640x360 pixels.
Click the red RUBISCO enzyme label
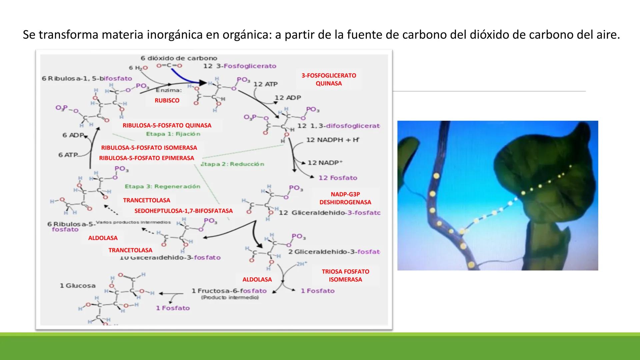pyautogui.click(x=167, y=100)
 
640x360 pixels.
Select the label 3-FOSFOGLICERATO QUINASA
pyautogui.click(x=329, y=79)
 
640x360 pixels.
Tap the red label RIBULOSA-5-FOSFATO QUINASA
pyautogui.click(x=167, y=125)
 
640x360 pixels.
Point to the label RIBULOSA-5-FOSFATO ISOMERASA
pyautogui.click(x=149, y=147)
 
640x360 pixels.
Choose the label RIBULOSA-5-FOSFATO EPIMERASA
pyautogui.click(x=146, y=158)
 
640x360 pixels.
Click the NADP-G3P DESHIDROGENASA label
pyautogui.click(x=345, y=198)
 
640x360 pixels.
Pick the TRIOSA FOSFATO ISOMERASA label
pyautogui.click(x=345, y=275)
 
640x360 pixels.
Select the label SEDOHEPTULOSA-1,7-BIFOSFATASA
pyautogui.click(x=183, y=211)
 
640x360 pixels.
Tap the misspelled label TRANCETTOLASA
pyautogui.click(x=146, y=200)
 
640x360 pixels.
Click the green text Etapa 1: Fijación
pyautogui.click(x=173, y=134)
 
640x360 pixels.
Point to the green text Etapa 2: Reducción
pyautogui.click(x=232, y=164)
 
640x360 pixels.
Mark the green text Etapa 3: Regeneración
pyautogui.click(x=162, y=186)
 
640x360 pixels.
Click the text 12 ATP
pyautogui.click(x=265, y=84)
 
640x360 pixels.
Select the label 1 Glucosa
pyautogui.click(x=78, y=286)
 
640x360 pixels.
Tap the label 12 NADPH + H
pyautogui.click(x=332, y=140)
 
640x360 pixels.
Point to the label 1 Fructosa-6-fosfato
pyautogui.click(x=229, y=291)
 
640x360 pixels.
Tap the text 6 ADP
pyautogui.click(x=73, y=135)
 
